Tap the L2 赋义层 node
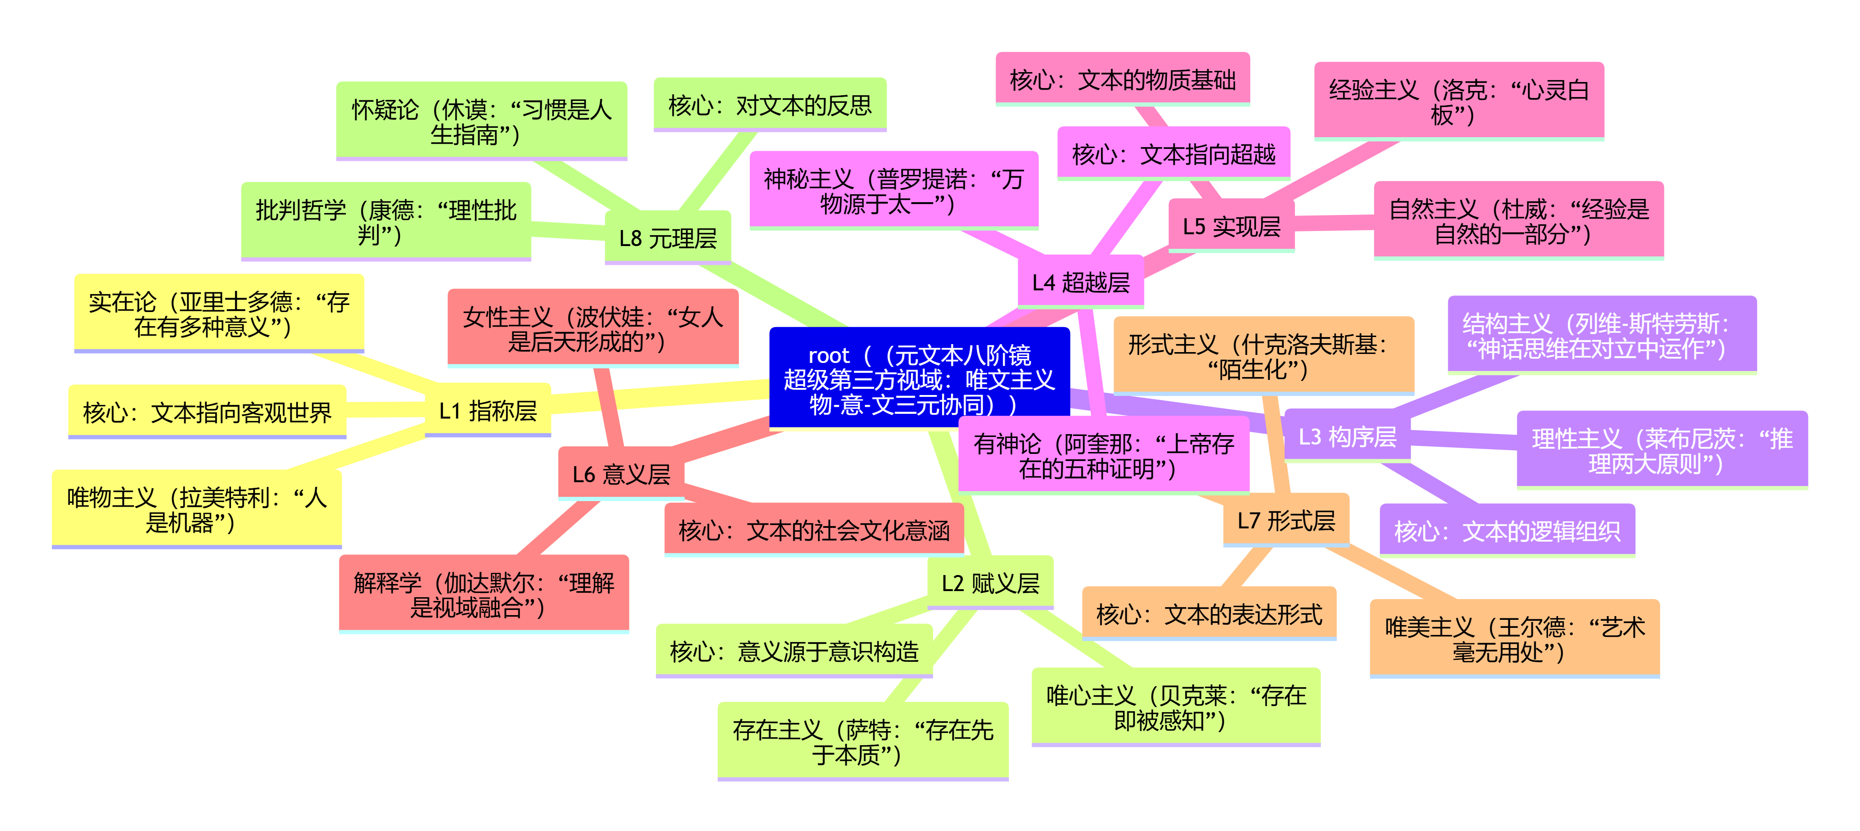coord(990,582)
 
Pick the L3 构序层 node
coord(1347,436)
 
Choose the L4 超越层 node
coord(1080,281)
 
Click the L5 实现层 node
coord(1230,226)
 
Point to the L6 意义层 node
coord(621,474)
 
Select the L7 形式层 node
coord(1285,520)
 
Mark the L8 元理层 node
coord(667,238)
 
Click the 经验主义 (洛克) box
coord(1459,101)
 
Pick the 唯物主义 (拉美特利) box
coord(197,509)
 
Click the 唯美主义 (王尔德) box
coord(1514,638)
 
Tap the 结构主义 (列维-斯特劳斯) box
coord(1601,335)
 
